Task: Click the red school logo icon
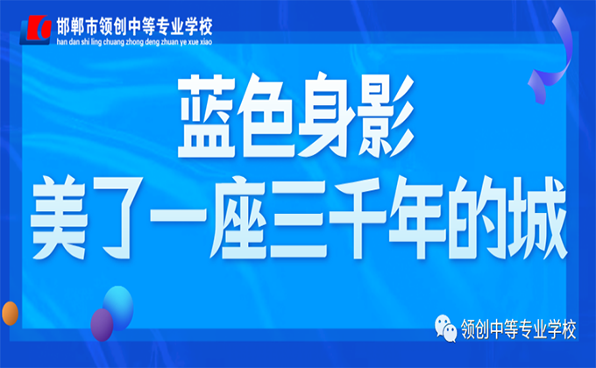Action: pos(36,29)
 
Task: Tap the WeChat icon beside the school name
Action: pos(446,329)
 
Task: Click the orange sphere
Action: pos(10,314)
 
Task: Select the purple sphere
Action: pos(102,325)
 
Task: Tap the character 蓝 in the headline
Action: pos(207,116)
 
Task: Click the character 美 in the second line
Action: pos(60,217)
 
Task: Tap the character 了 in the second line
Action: pos(118,218)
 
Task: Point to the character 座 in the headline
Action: pos(238,217)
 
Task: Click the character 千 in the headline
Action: pos(358,217)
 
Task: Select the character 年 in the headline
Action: pos(416,217)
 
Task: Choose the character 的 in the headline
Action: pos(476,217)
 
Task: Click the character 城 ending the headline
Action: pos(536,217)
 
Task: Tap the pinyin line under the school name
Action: pos(134,42)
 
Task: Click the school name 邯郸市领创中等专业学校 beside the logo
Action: pos(134,26)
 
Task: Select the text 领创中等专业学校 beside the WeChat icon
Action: pos(519,329)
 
